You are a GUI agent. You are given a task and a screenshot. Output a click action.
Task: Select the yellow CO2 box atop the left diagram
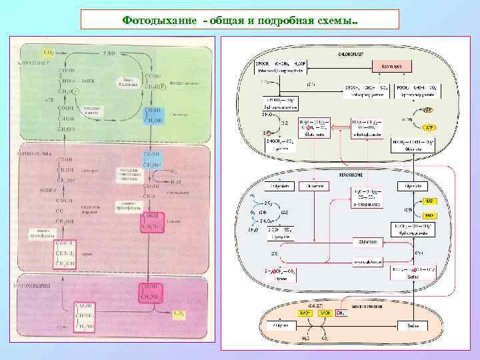(49, 52)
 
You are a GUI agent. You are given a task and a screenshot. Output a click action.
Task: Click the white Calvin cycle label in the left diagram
(128, 81)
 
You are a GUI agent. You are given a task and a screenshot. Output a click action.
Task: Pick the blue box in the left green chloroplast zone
(153, 115)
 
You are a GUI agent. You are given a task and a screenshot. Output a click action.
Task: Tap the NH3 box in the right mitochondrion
(341, 312)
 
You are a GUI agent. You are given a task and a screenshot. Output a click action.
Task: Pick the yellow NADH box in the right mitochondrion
(324, 312)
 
